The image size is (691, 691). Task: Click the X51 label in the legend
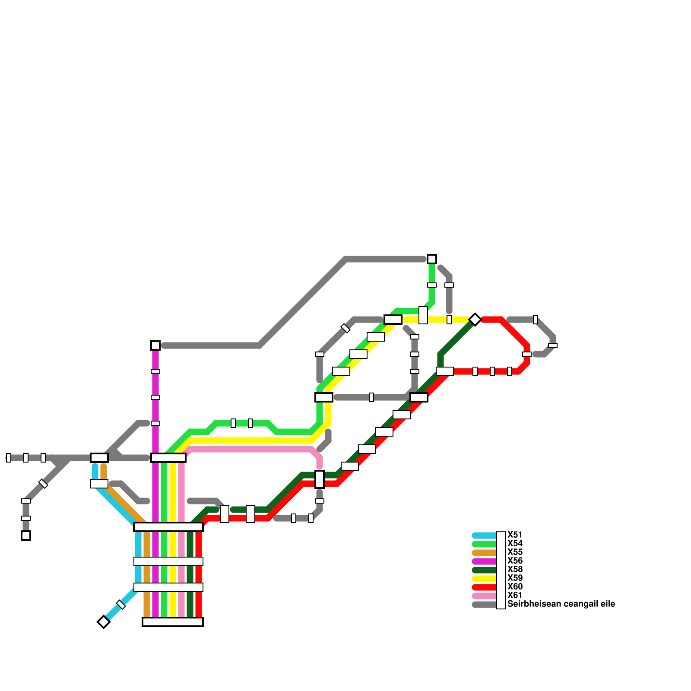[515, 535]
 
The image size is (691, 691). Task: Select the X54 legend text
[515, 544]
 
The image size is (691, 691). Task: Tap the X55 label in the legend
[515, 552]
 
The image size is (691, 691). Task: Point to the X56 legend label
[515, 561]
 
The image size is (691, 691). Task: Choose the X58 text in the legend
[515, 570]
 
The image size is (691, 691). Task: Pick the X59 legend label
[515, 578]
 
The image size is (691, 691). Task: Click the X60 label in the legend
[515, 587]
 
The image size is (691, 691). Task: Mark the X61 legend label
[515, 596]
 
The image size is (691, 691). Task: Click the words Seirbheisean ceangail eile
[561, 604]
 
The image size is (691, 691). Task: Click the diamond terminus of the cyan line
[104, 622]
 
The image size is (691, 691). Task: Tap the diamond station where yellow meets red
[475, 320]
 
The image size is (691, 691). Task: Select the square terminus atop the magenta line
[155, 345]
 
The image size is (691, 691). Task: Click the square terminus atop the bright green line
[432, 259]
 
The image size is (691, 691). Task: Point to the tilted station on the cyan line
[121, 605]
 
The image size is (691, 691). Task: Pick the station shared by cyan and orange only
[99, 484]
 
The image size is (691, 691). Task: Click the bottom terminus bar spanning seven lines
[173, 622]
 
